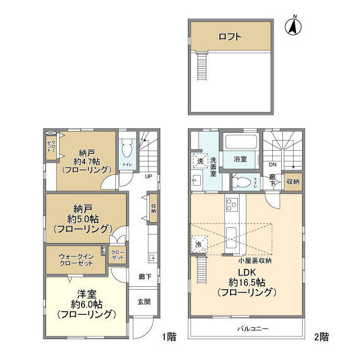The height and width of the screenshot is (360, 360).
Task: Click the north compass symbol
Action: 292,26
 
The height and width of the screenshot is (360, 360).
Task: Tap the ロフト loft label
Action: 230,37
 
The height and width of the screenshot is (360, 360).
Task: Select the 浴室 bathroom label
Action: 240,160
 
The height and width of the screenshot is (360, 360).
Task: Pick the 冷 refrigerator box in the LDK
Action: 199,245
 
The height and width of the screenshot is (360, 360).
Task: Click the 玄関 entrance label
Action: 144,301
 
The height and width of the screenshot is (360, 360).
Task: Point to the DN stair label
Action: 272,165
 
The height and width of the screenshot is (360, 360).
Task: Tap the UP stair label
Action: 149,176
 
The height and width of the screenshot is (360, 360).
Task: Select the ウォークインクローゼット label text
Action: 76,260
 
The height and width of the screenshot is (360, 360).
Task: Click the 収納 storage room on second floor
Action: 292,182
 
